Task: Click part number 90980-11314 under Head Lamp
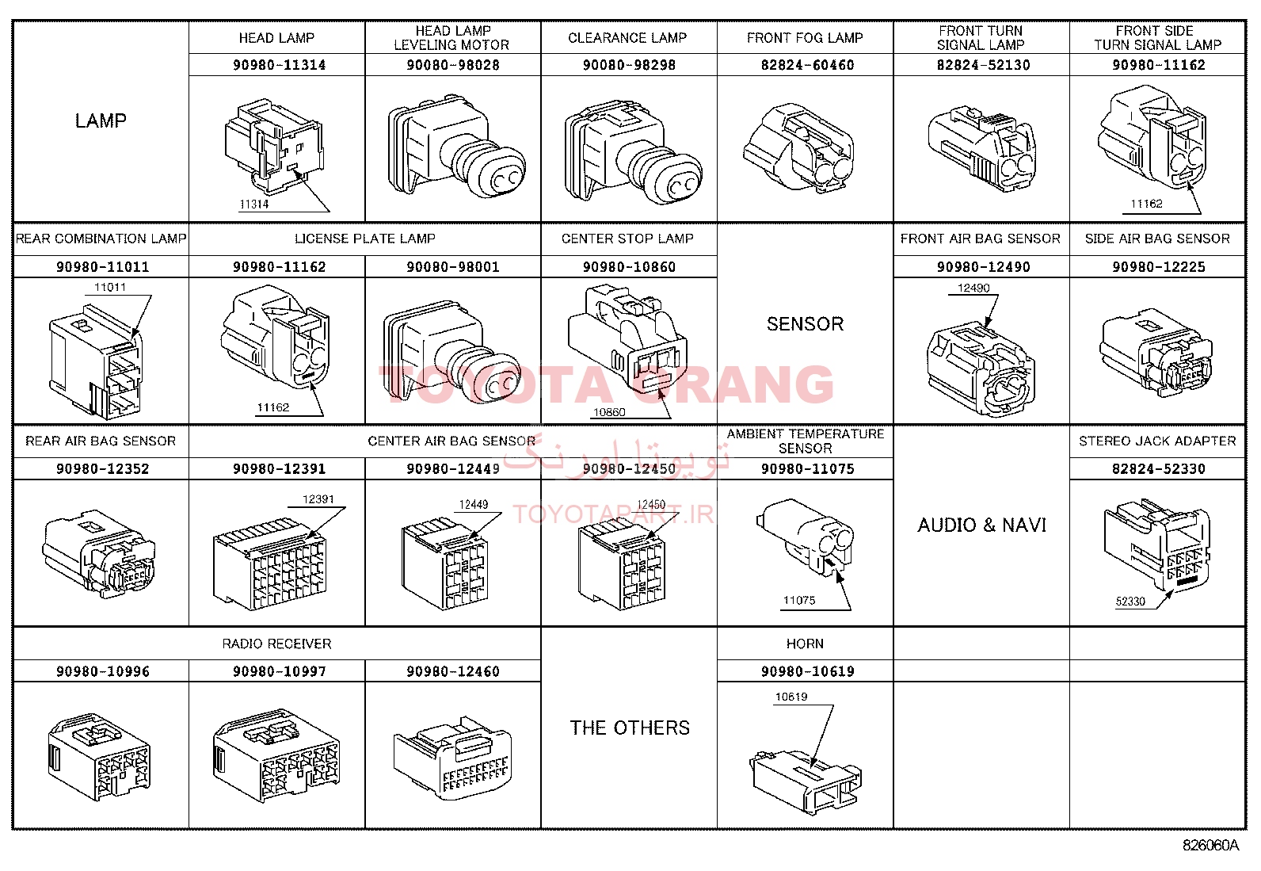point(280,65)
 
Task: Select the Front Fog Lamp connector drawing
point(799,147)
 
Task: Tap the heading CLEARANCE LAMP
point(627,38)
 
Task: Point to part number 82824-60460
point(807,65)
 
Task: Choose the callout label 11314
point(254,204)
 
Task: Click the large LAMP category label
point(101,120)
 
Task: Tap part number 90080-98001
point(452,266)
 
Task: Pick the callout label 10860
point(609,412)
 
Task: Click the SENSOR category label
point(805,323)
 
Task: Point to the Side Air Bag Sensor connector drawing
point(1156,352)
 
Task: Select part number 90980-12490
point(983,266)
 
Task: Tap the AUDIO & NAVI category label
point(981,525)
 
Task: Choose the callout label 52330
point(1130,601)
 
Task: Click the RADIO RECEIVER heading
point(276,644)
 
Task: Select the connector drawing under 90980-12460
point(452,757)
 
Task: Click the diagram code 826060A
point(1210,845)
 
